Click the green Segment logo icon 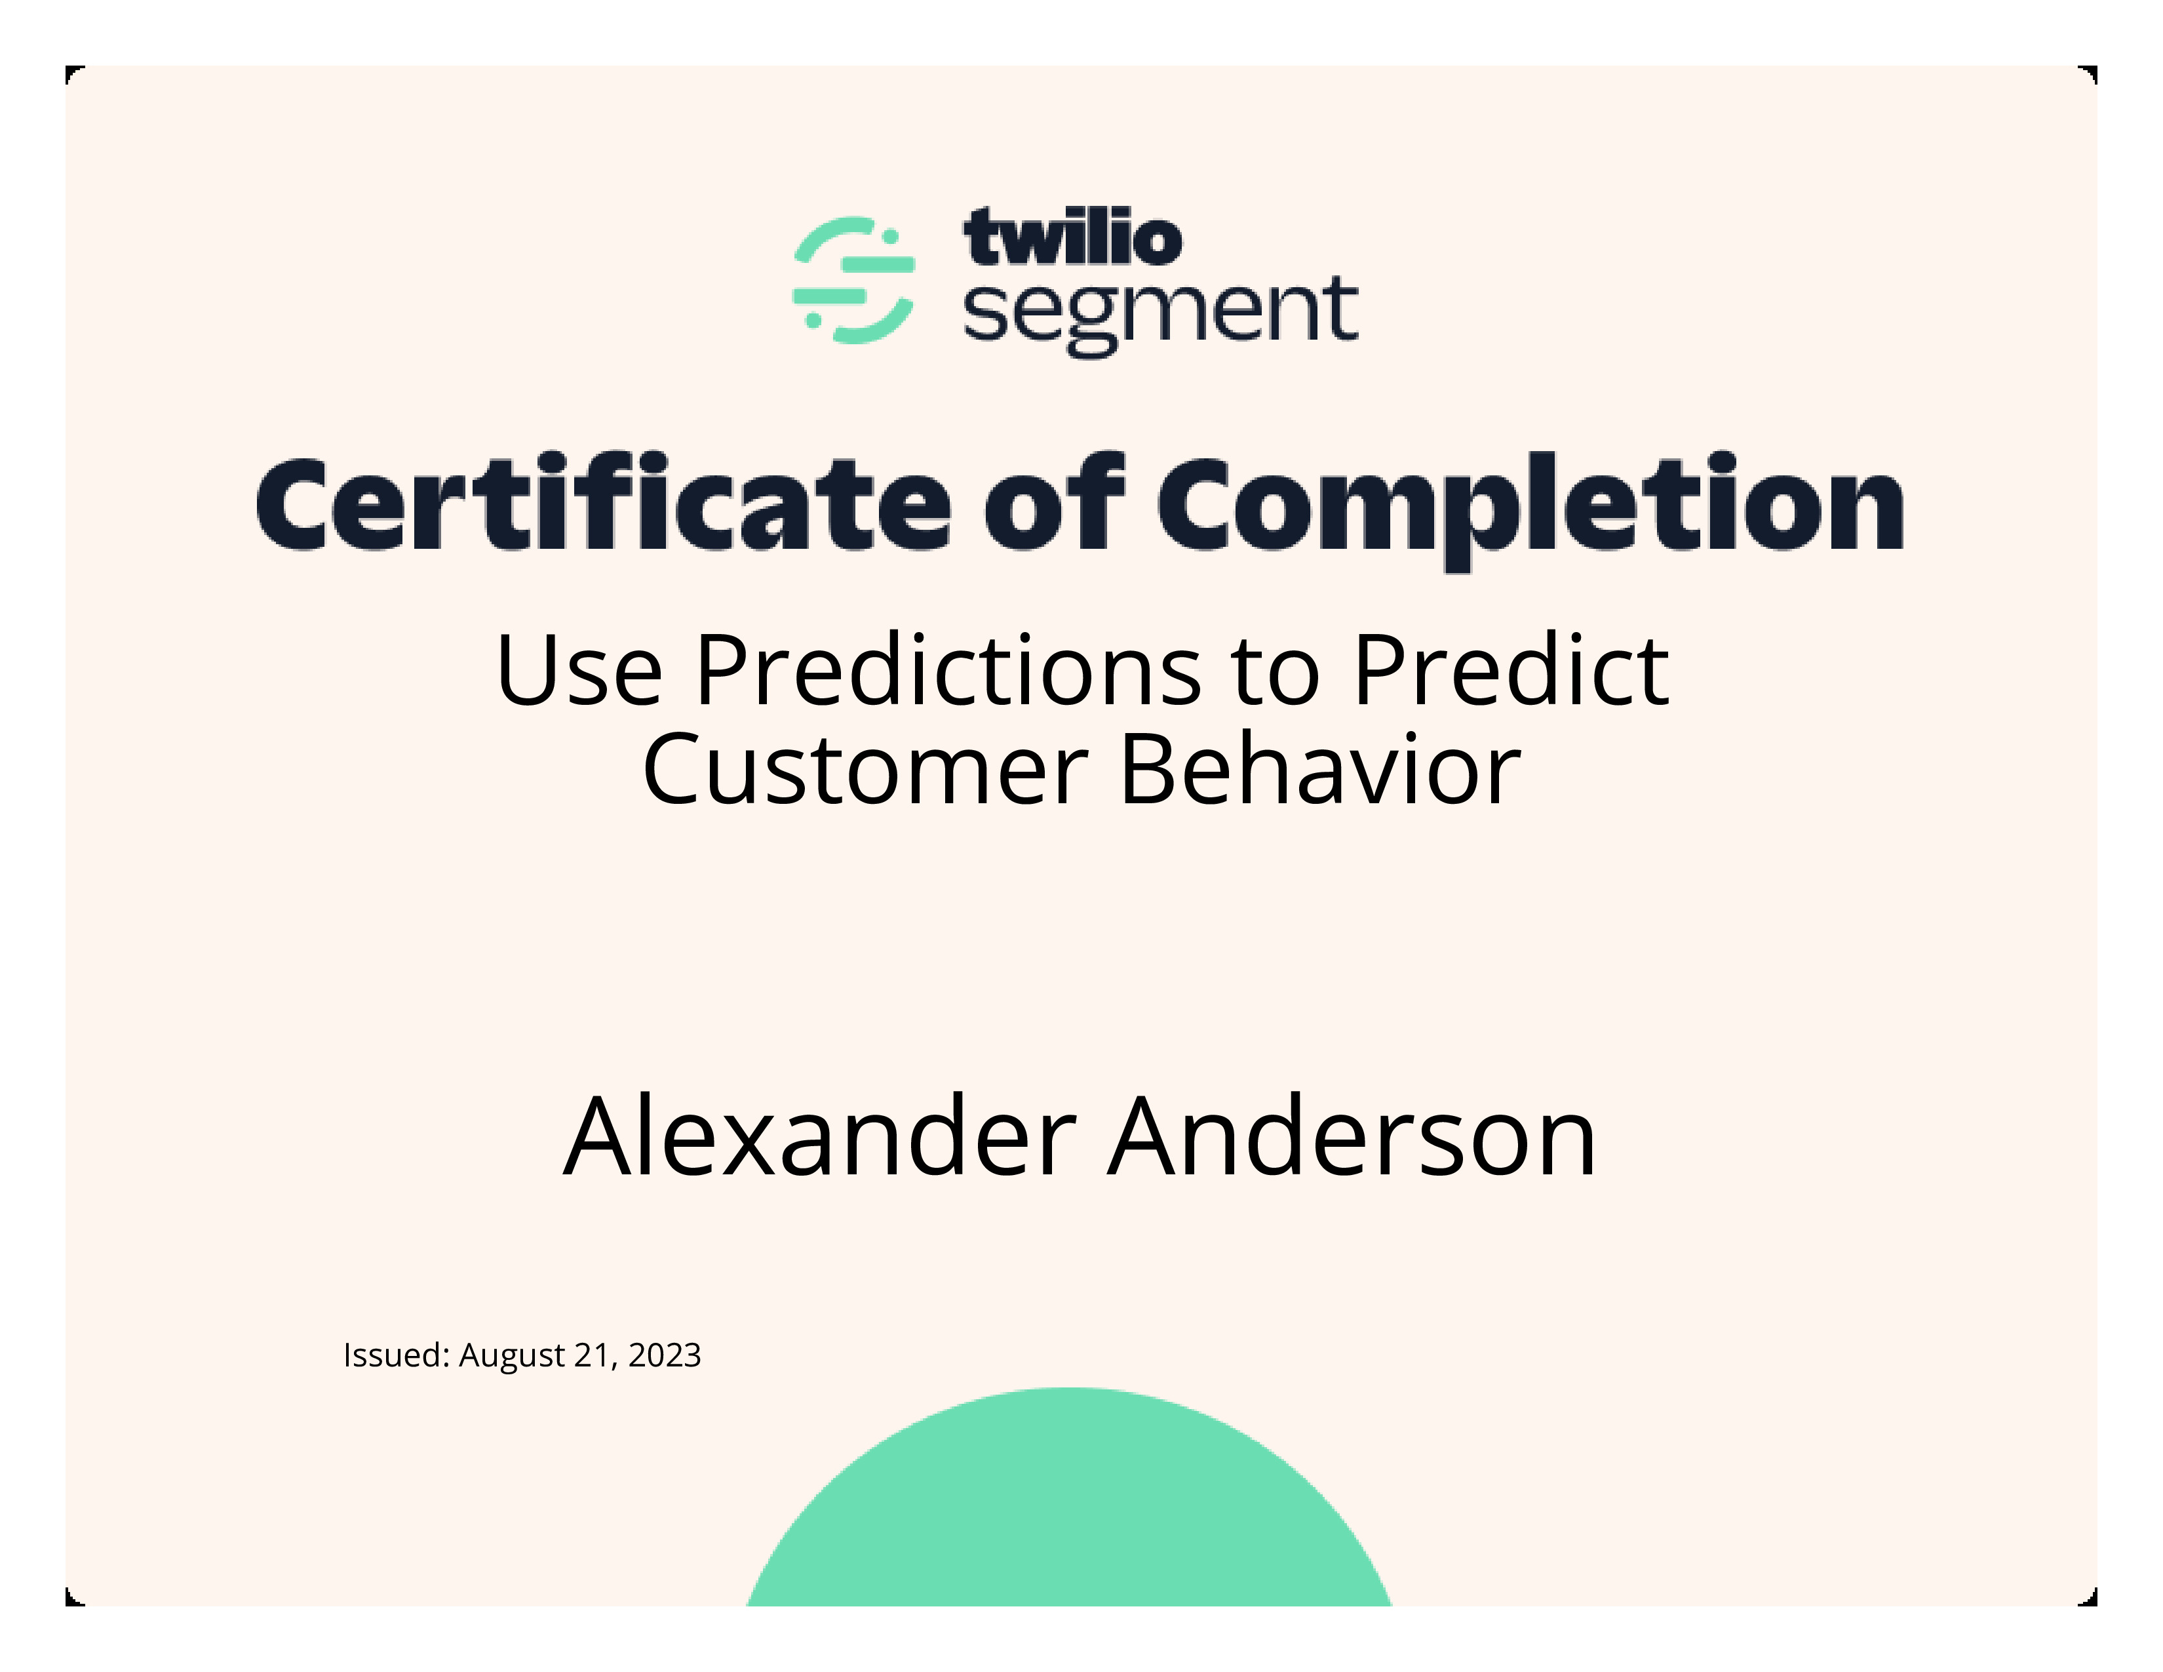(853, 281)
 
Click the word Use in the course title (579, 671)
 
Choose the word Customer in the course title (866, 770)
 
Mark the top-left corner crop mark (73, 73)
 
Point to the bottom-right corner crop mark (2089, 1598)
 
